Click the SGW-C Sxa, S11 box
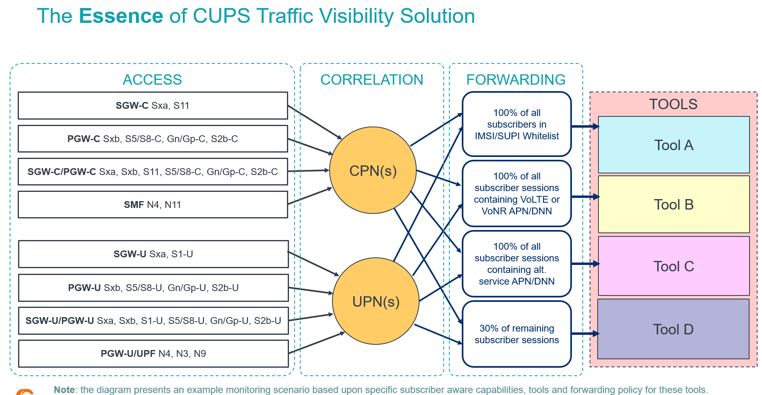tap(153, 106)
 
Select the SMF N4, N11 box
tap(153, 205)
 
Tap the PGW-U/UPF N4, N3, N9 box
tap(153, 354)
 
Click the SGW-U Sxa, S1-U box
tap(153, 254)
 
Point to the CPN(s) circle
tap(373, 171)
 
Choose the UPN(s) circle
tap(376, 301)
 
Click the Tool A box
tap(674, 145)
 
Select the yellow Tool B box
tap(674, 204)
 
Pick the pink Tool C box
tap(674, 266)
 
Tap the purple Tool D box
tap(673, 329)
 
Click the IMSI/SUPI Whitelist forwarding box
tap(516, 124)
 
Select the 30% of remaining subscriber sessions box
tap(516, 334)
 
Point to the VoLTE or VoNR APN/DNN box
tap(516, 193)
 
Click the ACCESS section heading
tap(152, 79)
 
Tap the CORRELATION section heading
tap(372, 79)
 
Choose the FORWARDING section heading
tap(516, 79)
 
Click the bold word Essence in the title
tap(121, 16)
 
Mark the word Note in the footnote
tap(64, 390)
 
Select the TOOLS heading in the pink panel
tap(673, 104)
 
